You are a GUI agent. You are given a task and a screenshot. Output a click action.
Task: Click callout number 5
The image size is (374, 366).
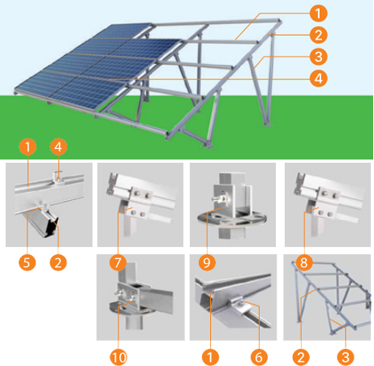tap(27, 262)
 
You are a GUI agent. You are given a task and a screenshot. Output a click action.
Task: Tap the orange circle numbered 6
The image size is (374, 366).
tap(259, 357)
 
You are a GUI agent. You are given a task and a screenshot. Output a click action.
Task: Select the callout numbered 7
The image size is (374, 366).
tap(118, 262)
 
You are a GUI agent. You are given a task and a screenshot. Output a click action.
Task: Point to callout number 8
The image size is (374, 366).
tap(304, 262)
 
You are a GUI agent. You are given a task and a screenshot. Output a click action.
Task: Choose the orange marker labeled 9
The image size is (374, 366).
tap(207, 262)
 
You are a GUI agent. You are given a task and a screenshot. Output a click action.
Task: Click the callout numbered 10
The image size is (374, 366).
tap(118, 357)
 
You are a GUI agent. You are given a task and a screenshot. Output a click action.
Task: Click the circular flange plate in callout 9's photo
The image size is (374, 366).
tap(232, 219)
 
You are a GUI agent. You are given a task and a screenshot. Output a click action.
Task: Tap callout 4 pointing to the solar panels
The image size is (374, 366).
tap(318, 79)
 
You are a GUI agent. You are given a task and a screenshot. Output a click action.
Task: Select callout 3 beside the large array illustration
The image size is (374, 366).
tap(318, 57)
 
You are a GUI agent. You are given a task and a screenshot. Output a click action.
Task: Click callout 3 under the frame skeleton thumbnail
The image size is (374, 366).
tap(346, 357)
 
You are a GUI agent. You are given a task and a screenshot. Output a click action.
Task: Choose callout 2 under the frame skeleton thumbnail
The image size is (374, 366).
tap(301, 357)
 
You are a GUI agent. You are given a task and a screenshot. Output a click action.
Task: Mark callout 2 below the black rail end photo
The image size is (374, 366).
tap(58, 262)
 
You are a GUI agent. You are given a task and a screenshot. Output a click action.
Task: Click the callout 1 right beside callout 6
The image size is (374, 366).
tap(210, 357)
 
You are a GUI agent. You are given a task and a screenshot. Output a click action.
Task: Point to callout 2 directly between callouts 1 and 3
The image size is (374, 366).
tap(318, 35)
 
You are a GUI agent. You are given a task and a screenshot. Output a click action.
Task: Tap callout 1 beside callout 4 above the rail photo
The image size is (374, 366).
tap(28, 147)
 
